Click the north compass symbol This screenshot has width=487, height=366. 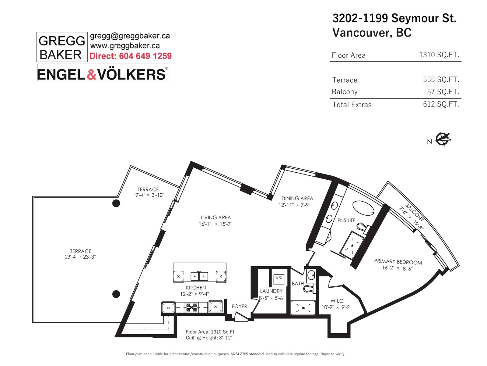[443, 139]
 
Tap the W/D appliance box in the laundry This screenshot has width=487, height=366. [279, 279]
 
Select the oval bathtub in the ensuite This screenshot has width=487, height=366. [363, 208]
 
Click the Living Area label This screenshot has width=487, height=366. [216, 217]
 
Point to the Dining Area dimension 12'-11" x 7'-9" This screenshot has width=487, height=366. [294, 205]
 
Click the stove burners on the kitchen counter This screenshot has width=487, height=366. [191, 307]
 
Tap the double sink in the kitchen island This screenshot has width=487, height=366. [199, 276]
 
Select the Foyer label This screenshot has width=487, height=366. [240, 307]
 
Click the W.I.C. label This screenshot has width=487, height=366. [337, 301]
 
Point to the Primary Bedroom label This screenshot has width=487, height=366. [398, 262]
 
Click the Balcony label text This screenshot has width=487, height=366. [415, 213]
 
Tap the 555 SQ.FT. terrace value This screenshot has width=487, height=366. [441, 80]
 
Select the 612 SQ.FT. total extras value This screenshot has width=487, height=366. [441, 104]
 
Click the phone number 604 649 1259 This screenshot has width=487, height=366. [145, 56]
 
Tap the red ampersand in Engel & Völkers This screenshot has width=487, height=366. [91, 74]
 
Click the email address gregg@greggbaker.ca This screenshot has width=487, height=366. [130, 36]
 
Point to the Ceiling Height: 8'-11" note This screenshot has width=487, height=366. [209, 338]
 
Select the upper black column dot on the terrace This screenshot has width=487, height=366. [116, 203]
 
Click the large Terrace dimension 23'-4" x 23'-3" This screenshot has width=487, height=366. [80, 257]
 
